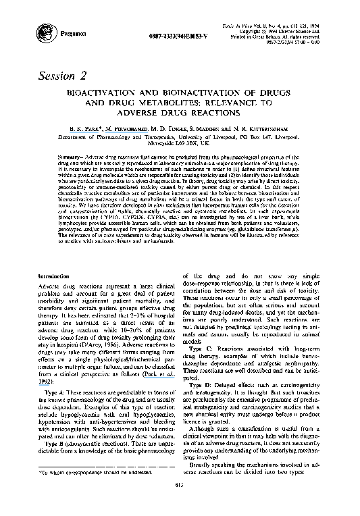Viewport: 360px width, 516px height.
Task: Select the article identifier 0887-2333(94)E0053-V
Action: pyautogui.click(x=162, y=34)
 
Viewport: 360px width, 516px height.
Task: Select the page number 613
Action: pyautogui.click(x=179, y=504)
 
